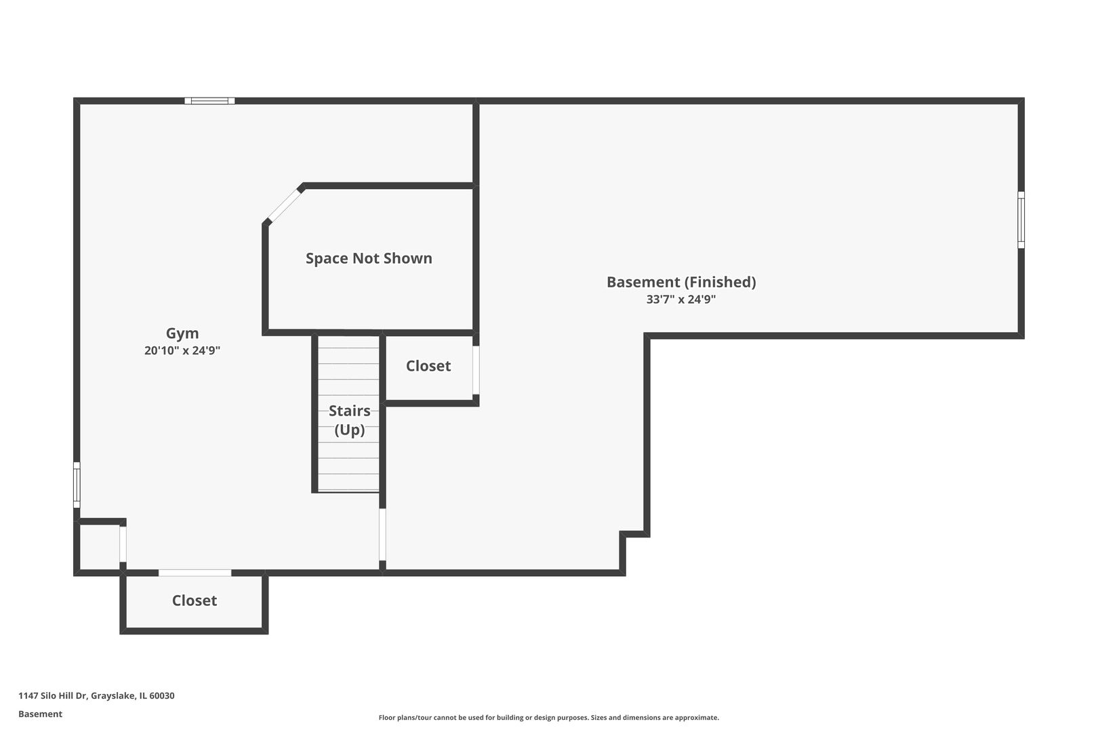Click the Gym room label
coord(182,333)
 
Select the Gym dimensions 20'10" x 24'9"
coord(182,350)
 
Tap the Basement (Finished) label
coord(681,282)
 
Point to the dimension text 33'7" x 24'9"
coord(681,299)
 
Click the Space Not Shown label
coord(369,258)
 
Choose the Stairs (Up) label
coord(350,420)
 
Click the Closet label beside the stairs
coord(428,366)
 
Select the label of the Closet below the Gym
coord(195,601)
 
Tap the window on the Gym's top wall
coord(210,101)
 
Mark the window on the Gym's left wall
coord(77,485)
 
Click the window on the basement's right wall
coord(1021,220)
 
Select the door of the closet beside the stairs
coord(476,370)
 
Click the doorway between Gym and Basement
coord(383,534)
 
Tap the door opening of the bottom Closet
coord(195,573)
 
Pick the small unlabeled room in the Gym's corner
coord(100,547)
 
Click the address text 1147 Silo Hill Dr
coord(53,695)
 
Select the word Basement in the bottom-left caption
coord(40,714)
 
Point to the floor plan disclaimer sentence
coord(549,718)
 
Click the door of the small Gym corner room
coord(123,544)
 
